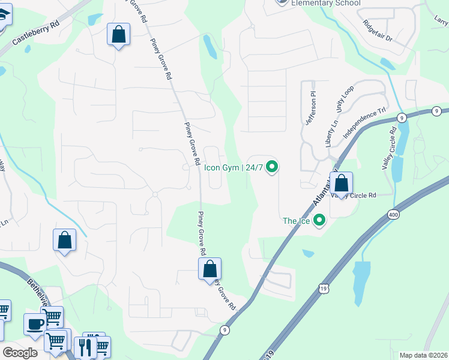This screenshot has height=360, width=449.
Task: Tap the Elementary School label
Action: coord(325,3)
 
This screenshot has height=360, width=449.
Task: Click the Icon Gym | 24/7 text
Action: coord(234,167)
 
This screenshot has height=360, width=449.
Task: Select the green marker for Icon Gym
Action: coord(272,167)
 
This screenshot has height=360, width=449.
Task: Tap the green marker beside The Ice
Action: coord(319,221)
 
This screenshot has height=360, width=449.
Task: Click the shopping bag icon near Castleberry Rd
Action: coord(119,34)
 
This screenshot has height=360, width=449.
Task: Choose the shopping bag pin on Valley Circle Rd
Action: coord(341,183)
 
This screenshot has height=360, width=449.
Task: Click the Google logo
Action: coord(20,353)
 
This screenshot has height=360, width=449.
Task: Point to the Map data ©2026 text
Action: coord(424,355)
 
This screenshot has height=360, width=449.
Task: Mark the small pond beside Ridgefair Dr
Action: coord(388,63)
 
